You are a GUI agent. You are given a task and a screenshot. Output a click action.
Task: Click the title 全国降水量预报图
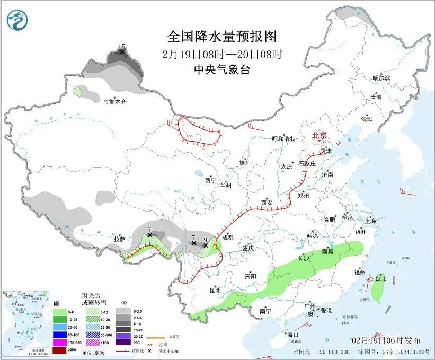[221, 37]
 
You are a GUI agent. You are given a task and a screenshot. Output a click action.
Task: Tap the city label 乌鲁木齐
[114, 101]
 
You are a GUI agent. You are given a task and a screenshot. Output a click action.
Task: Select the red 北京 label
[320, 135]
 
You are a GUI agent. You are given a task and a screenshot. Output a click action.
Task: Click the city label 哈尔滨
[381, 78]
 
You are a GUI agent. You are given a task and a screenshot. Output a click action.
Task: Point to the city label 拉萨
[120, 239]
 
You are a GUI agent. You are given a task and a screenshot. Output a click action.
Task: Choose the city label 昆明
[215, 290]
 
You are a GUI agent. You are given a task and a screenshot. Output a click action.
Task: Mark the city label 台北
[381, 278]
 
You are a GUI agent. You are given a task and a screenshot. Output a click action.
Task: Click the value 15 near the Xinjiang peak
[122, 47]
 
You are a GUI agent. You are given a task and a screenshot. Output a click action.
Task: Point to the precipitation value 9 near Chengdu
[205, 240]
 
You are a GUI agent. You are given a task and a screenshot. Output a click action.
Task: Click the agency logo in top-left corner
[16, 19]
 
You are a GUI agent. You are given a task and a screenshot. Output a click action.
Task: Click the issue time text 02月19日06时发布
[386, 340]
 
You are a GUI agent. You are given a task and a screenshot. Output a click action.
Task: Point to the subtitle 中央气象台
[221, 69]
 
